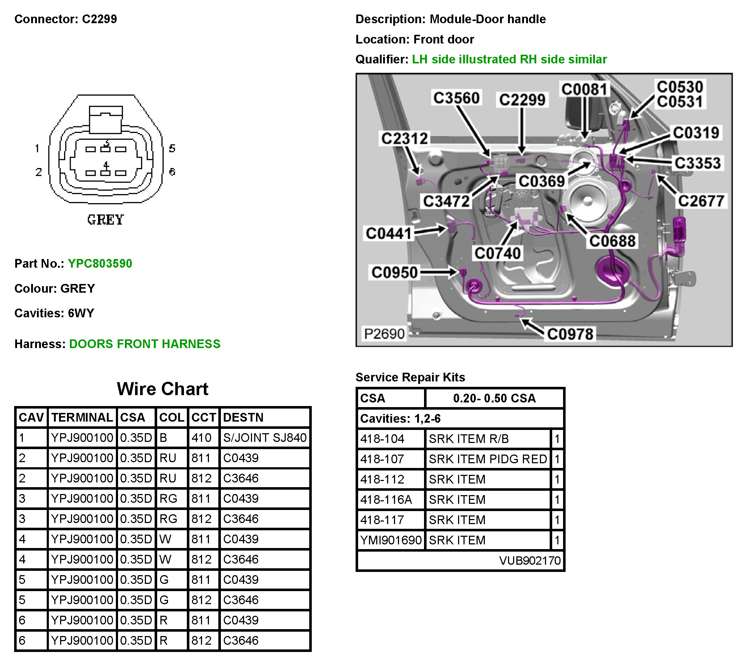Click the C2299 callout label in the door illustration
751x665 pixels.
click(522, 100)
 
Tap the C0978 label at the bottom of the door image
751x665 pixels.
click(570, 334)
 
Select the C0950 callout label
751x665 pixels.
click(394, 272)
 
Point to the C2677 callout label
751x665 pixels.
click(701, 201)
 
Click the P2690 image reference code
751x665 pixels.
click(384, 334)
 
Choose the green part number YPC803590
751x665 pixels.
click(100, 264)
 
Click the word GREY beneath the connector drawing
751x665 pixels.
click(105, 220)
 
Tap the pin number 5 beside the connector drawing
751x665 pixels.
click(172, 148)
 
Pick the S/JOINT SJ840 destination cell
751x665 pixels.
click(265, 438)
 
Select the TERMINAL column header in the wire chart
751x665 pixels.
click(82, 417)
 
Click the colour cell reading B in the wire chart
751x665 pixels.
click(164, 438)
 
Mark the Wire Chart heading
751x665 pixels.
click(162, 389)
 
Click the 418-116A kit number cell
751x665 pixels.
click(386, 499)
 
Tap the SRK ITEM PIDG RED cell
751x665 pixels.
click(487, 459)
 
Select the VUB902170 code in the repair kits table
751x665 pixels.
click(529, 560)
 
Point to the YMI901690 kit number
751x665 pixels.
click(391, 540)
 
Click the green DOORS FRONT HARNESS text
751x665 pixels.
click(145, 344)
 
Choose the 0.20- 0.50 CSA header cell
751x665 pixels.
click(494, 398)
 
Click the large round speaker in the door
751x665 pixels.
click(587, 200)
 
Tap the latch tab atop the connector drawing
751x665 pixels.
click(106, 120)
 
